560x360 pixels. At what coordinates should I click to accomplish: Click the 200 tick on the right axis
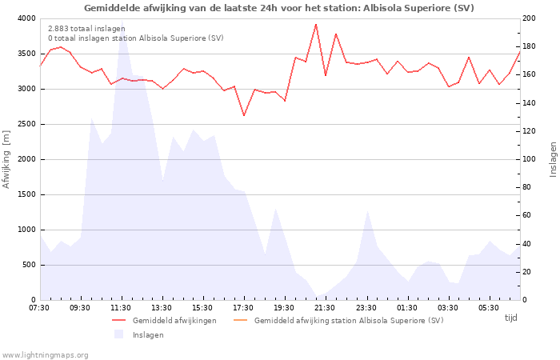coord(530,18)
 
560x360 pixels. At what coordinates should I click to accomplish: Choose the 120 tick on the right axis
coord(530,131)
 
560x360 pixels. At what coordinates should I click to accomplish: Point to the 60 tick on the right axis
coord(528,215)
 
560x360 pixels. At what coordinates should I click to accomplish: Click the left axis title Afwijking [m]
coord(7,160)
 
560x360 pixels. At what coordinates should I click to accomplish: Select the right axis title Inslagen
coord(552,159)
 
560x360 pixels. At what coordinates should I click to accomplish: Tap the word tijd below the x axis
coord(510,318)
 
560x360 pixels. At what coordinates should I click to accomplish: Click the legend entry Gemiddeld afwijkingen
coord(174,321)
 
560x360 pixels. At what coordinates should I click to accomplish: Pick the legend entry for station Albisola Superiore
coord(348,321)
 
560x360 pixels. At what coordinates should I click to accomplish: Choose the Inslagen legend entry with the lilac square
coord(148,335)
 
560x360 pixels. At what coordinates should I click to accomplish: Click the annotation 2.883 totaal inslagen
coord(86,29)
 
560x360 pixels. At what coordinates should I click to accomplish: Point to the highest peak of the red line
coord(316,24)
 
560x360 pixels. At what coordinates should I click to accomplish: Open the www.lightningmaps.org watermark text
coord(45,354)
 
